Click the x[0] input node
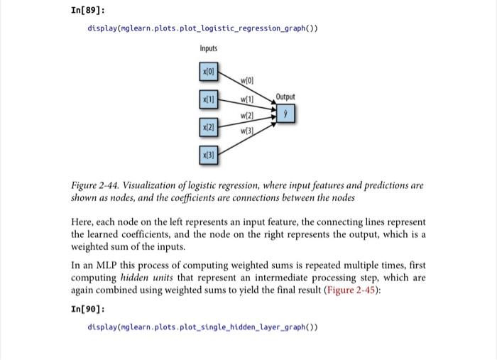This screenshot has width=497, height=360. pyautogui.click(x=208, y=72)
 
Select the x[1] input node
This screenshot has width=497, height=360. pyautogui.click(x=208, y=99)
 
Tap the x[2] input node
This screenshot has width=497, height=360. pyautogui.click(x=208, y=126)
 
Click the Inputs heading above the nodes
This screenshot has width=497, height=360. pyautogui.click(x=208, y=48)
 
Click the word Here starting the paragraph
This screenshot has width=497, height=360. pyautogui.click(x=83, y=220)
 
